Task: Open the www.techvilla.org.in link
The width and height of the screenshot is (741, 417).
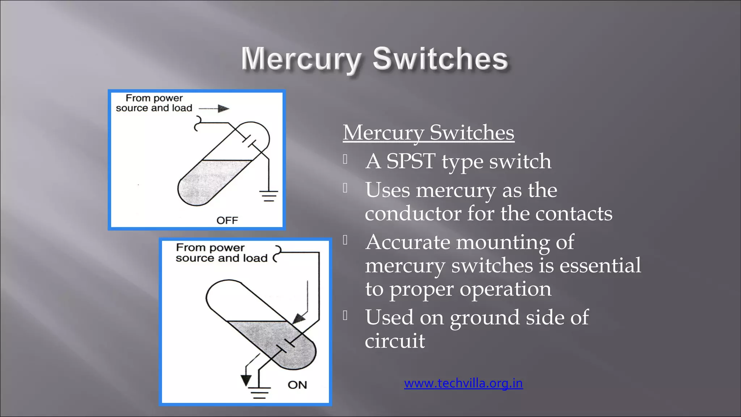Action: tap(463, 383)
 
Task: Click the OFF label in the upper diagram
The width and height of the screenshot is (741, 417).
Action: tap(227, 220)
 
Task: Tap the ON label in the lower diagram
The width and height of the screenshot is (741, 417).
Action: tap(297, 385)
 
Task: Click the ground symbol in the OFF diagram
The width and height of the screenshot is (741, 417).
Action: tap(268, 196)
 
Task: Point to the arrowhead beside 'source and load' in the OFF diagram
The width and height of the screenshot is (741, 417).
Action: tap(224, 109)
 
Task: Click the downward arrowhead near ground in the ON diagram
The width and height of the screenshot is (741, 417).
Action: tap(246, 380)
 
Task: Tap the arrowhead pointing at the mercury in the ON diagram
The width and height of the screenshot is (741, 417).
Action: tap(299, 319)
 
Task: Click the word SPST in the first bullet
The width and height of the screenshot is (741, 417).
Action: tap(411, 161)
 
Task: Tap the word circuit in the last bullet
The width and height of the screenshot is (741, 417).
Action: tap(395, 341)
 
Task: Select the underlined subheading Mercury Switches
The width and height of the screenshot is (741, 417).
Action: tap(428, 132)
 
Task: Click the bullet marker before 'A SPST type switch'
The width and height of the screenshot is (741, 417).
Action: tap(346, 159)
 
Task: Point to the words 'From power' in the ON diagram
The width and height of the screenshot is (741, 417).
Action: tap(210, 248)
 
